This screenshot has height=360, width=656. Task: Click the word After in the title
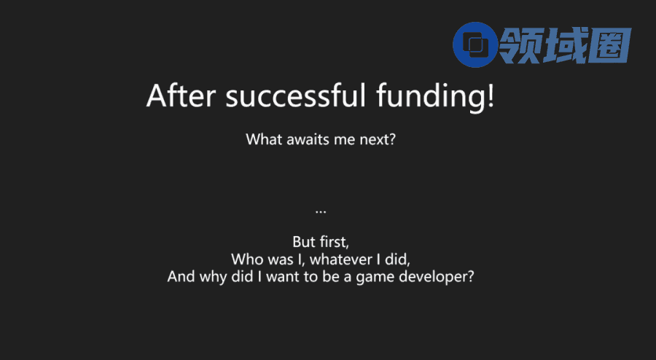(181, 95)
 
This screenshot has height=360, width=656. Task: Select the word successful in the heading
(296, 95)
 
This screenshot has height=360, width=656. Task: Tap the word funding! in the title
(435, 98)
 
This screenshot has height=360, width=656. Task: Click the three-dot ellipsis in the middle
(321, 212)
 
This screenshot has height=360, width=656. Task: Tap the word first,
(334, 242)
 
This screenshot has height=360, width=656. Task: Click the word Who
(247, 259)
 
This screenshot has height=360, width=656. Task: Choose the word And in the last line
(181, 276)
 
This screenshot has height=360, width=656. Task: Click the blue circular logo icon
(475, 44)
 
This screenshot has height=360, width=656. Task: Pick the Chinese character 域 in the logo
(565, 46)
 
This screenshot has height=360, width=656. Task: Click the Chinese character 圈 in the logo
(609, 46)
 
